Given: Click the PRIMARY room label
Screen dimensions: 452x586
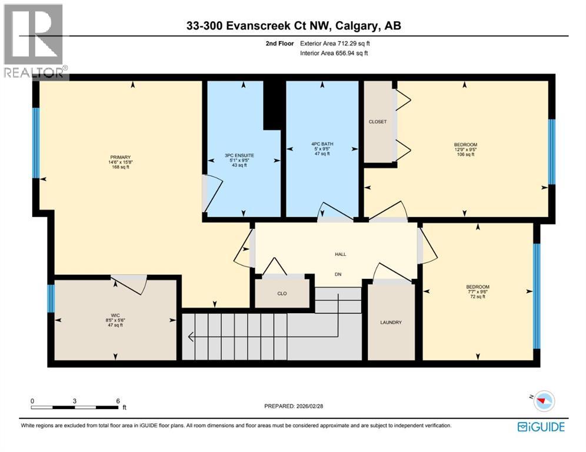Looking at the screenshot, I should tap(119, 157).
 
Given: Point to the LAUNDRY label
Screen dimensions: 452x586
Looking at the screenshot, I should tap(391, 322).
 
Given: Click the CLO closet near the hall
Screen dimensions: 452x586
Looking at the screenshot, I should tap(281, 292).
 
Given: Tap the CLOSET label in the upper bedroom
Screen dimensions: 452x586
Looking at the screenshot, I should tap(378, 122).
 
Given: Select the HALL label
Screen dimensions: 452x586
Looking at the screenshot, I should tap(340, 254).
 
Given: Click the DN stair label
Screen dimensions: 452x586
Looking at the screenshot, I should tap(338, 274).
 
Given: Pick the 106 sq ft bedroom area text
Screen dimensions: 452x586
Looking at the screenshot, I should tap(465, 155).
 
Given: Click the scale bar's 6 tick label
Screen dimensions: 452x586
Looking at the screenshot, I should tap(118, 400).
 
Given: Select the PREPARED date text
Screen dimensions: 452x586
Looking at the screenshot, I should tap(294, 407).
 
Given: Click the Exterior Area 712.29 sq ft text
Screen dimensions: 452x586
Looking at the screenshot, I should tap(335, 43).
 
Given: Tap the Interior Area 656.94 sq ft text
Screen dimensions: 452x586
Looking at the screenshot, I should tap(335, 54).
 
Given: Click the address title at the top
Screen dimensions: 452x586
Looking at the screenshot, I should tap(292, 26).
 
